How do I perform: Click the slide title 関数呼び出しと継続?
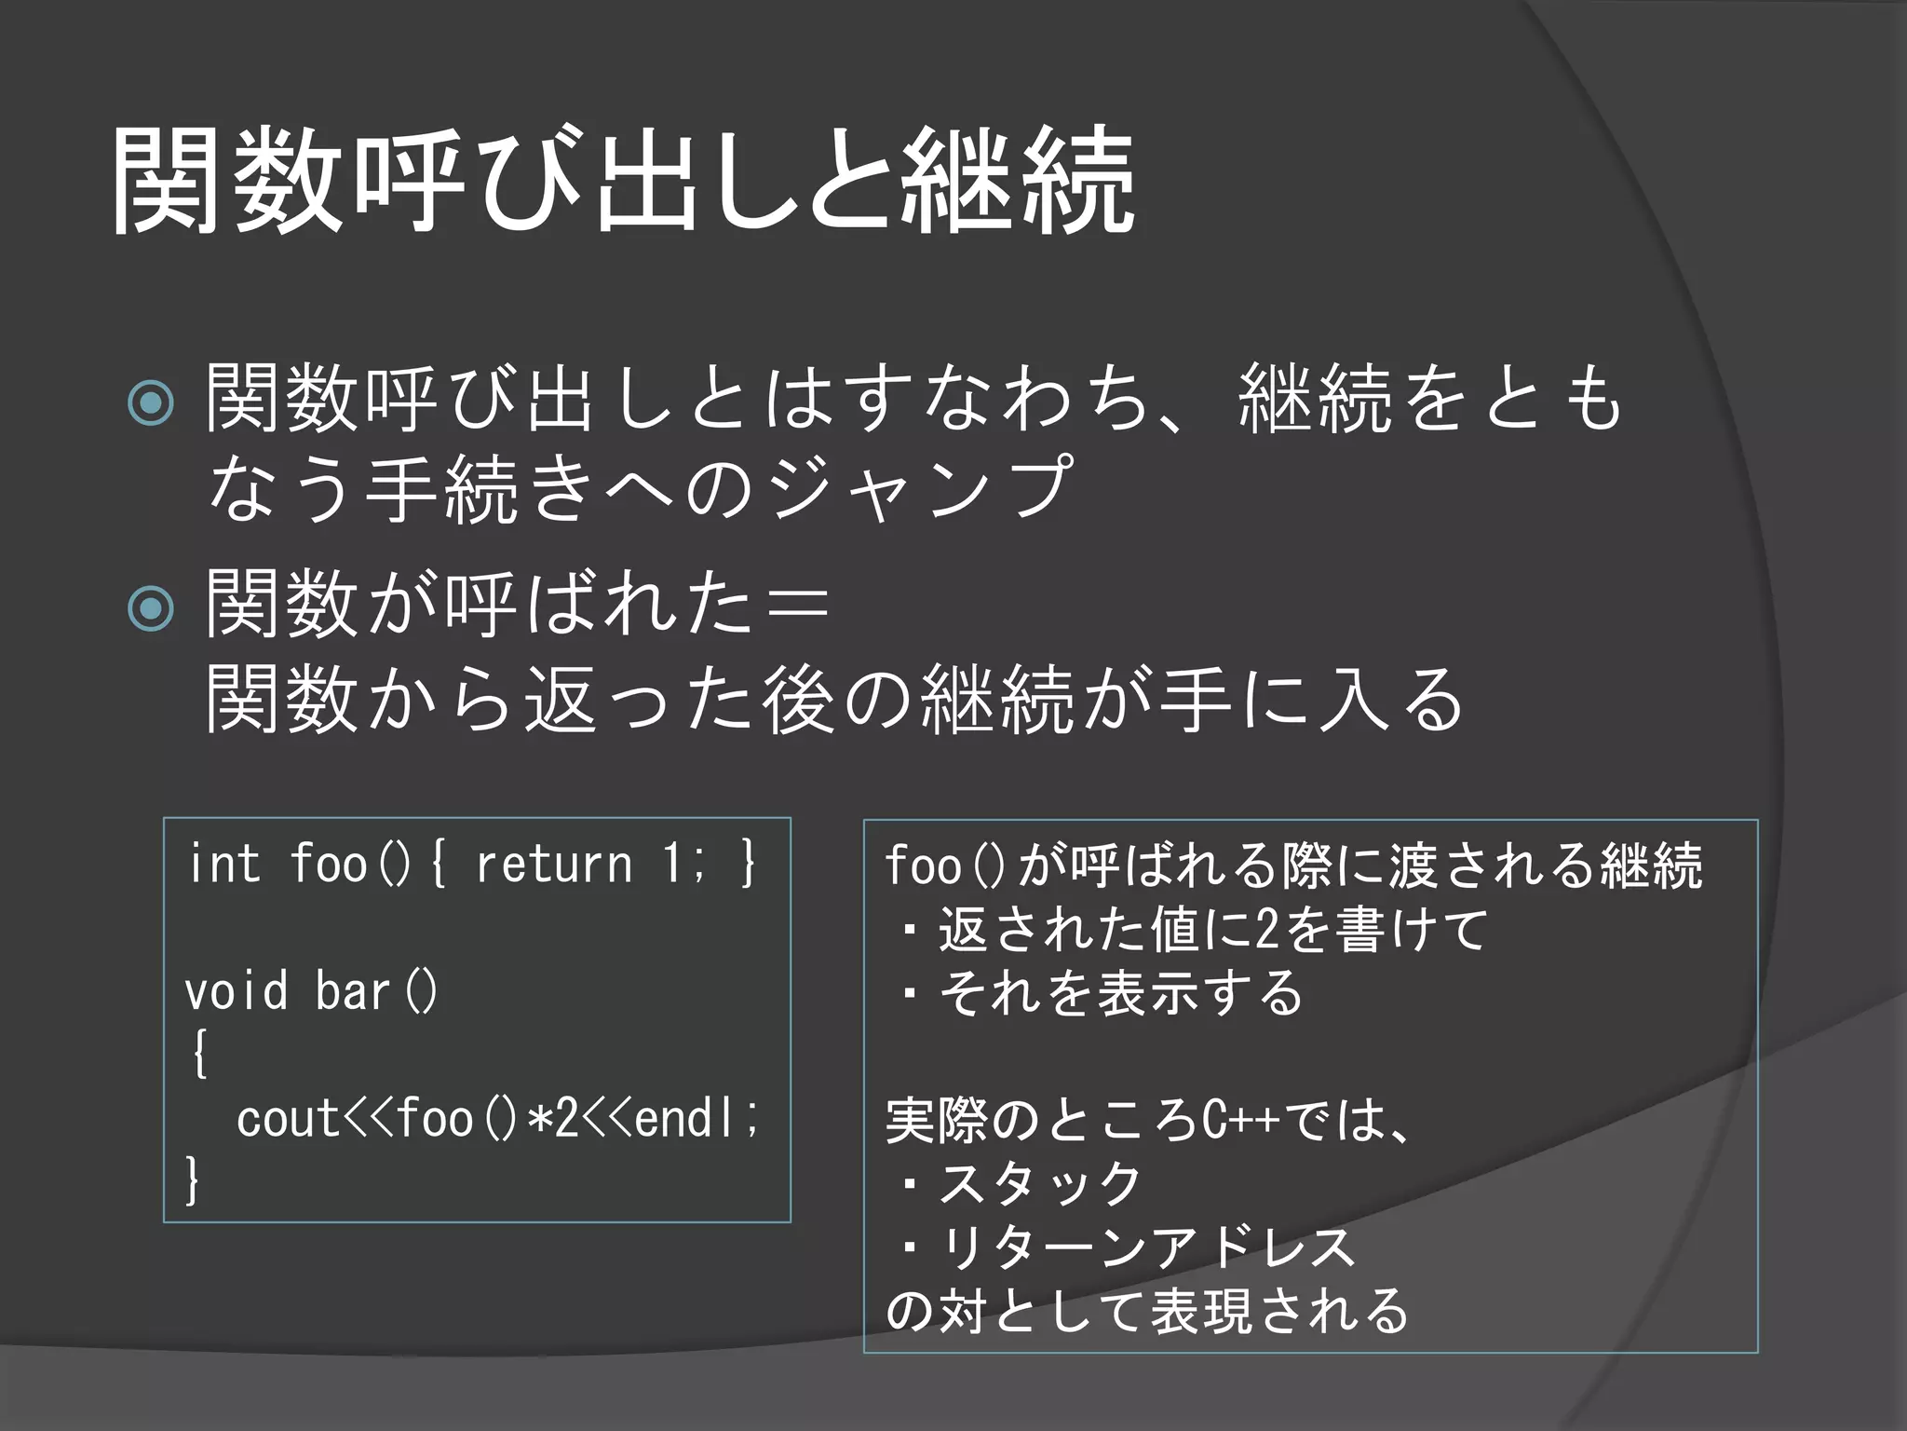tap(622, 181)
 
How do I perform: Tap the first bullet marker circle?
tap(151, 403)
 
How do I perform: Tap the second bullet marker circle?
tap(151, 609)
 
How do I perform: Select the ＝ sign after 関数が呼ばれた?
tap(793, 604)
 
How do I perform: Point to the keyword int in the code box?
tap(223, 864)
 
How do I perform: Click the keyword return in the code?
tap(553, 864)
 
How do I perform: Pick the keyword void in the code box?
tap(237, 990)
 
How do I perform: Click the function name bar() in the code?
tap(376, 990)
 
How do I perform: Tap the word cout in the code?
tap(289, 1118)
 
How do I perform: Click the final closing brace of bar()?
tap(193, 1181)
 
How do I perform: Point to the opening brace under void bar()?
tap(198, 1055)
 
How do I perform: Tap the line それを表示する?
tap(1121, 993)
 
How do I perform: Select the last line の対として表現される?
tap(1147, 1311)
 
